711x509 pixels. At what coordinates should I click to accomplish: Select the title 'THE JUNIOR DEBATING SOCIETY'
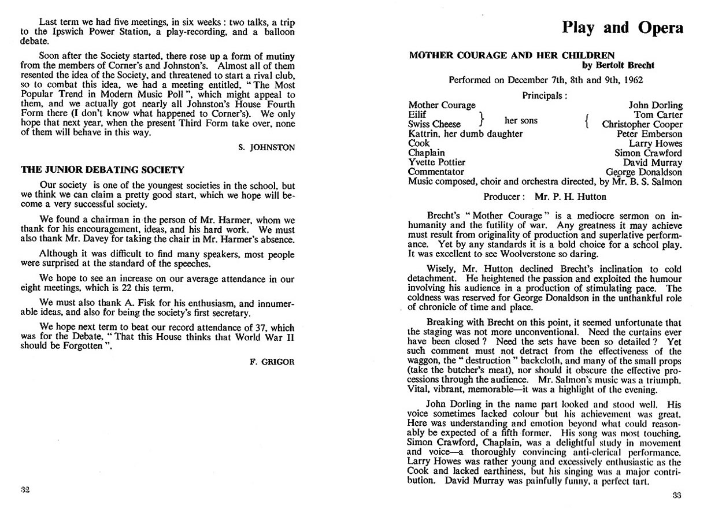coord(102,170)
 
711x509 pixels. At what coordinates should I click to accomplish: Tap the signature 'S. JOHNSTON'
coord(266,148)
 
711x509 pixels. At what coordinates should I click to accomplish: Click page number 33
coord(677,495)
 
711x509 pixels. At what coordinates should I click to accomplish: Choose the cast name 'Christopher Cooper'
coord(642,124)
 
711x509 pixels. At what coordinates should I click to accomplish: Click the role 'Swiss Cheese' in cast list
coord(434,124)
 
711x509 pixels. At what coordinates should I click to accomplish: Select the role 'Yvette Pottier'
coord(436,162)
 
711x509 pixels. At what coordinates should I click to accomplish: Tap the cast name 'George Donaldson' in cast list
coord(644,172)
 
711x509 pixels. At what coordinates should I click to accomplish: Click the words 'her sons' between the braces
coord(521,120)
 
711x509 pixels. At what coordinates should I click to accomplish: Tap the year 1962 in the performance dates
coord(631,80)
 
